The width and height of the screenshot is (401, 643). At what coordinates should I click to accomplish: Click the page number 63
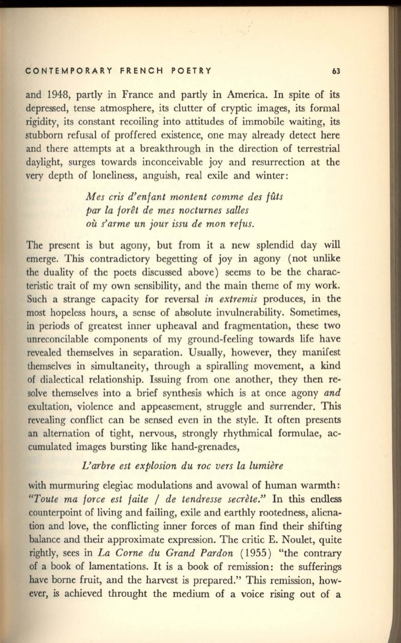tap(336, 71)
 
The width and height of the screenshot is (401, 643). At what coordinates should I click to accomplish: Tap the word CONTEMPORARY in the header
tap(61, 71)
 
